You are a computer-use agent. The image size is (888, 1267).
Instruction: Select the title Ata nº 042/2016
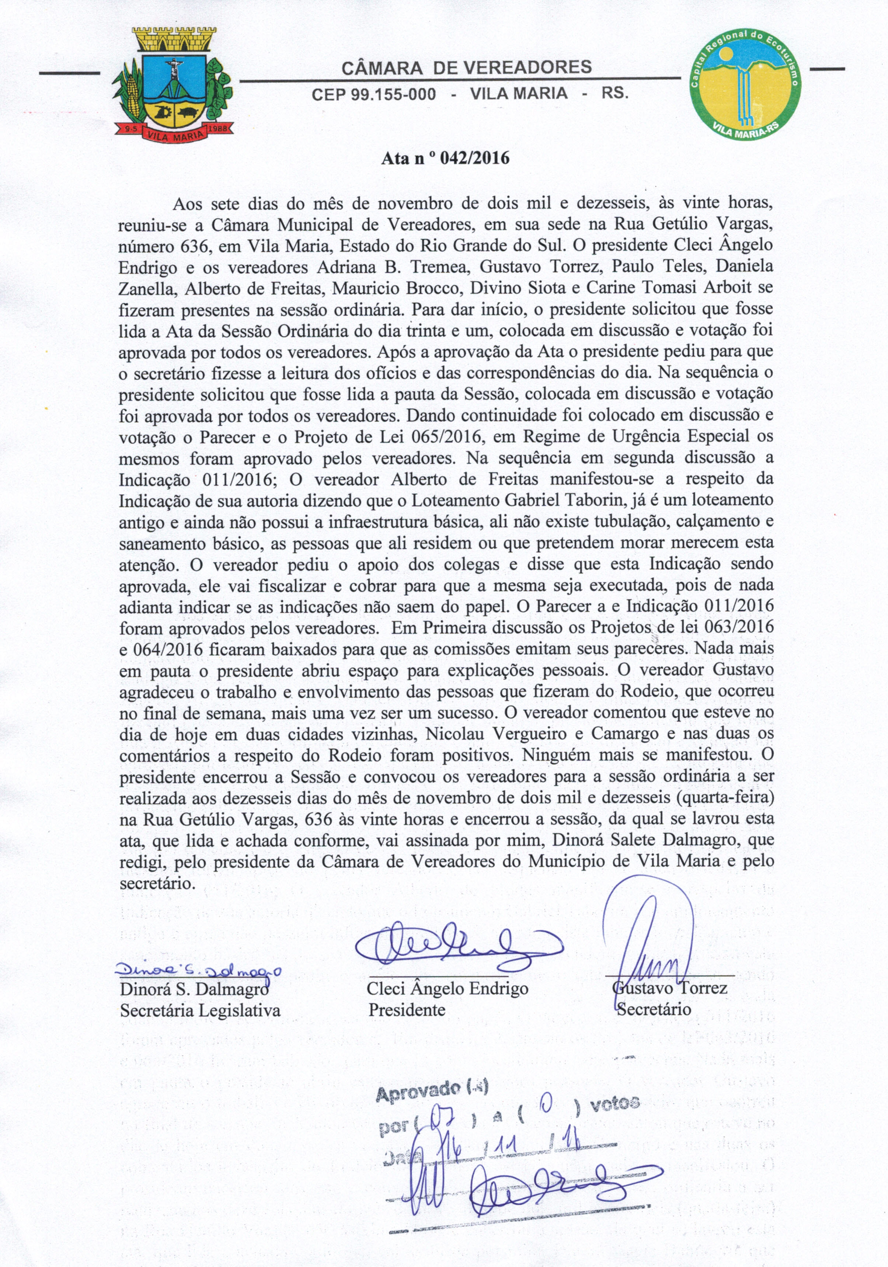445,159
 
